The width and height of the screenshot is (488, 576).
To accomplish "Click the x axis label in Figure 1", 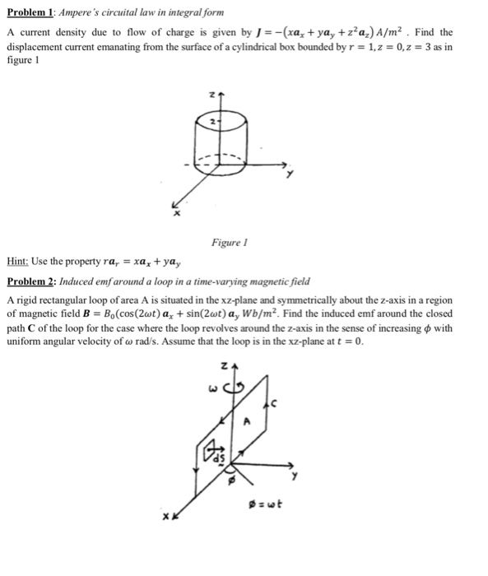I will click(174, 215).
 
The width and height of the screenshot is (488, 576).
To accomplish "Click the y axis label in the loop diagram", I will click(292, 475).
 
